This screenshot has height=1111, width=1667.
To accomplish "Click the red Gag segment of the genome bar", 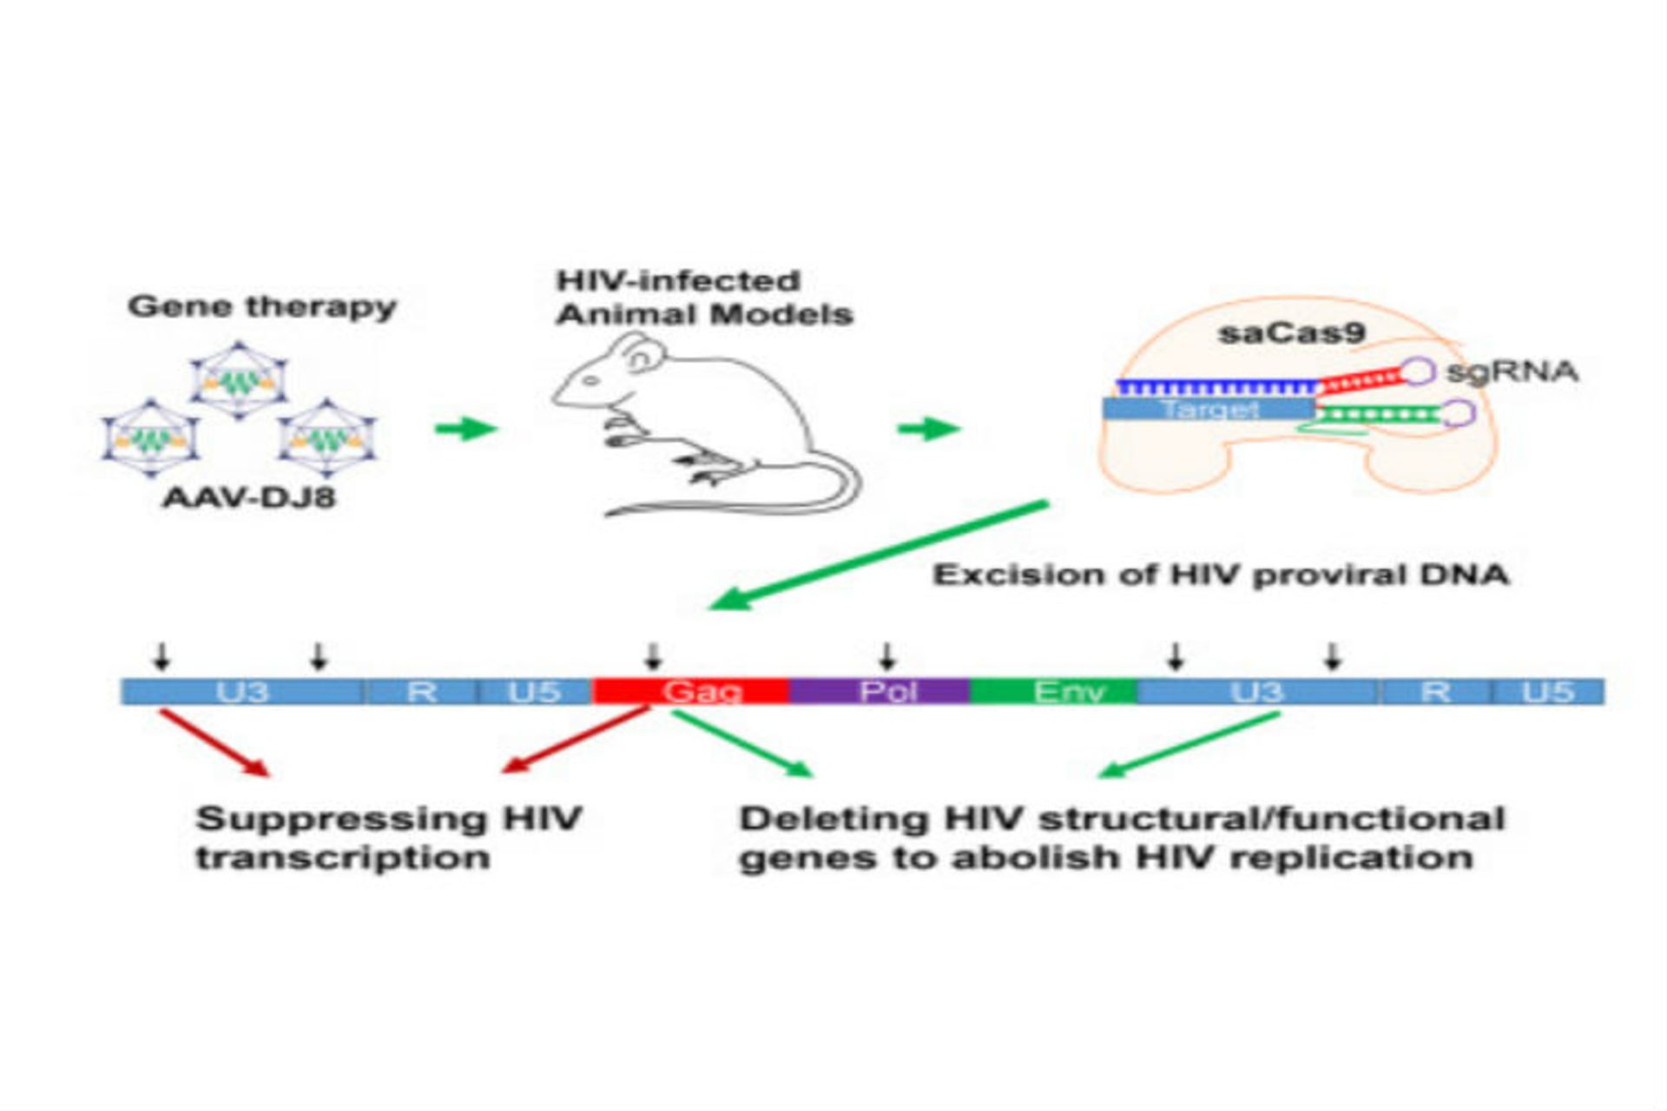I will coord(690,692).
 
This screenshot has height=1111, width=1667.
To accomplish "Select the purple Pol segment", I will coord(879,692).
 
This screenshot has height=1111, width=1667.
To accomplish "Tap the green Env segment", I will coord(1053,692).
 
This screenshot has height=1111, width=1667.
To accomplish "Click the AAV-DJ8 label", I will coord(249,498).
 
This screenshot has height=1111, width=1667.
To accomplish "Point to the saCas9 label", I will coord(1291,332).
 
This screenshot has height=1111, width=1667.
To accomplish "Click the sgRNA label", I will coord(1512,371).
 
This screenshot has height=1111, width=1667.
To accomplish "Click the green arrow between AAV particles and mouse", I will coord(465,428).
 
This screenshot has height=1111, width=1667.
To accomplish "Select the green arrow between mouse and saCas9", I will coord(928,428).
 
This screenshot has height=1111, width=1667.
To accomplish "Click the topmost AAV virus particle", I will coord(239,380).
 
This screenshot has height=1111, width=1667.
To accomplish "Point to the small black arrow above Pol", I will coord(886,656).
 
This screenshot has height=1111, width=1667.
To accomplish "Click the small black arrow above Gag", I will coord(654,656).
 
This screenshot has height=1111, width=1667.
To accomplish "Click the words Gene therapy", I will coord(261,306).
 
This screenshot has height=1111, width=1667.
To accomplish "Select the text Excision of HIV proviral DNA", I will coord(1221,575).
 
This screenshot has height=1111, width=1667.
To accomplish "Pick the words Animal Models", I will coord(704,314).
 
